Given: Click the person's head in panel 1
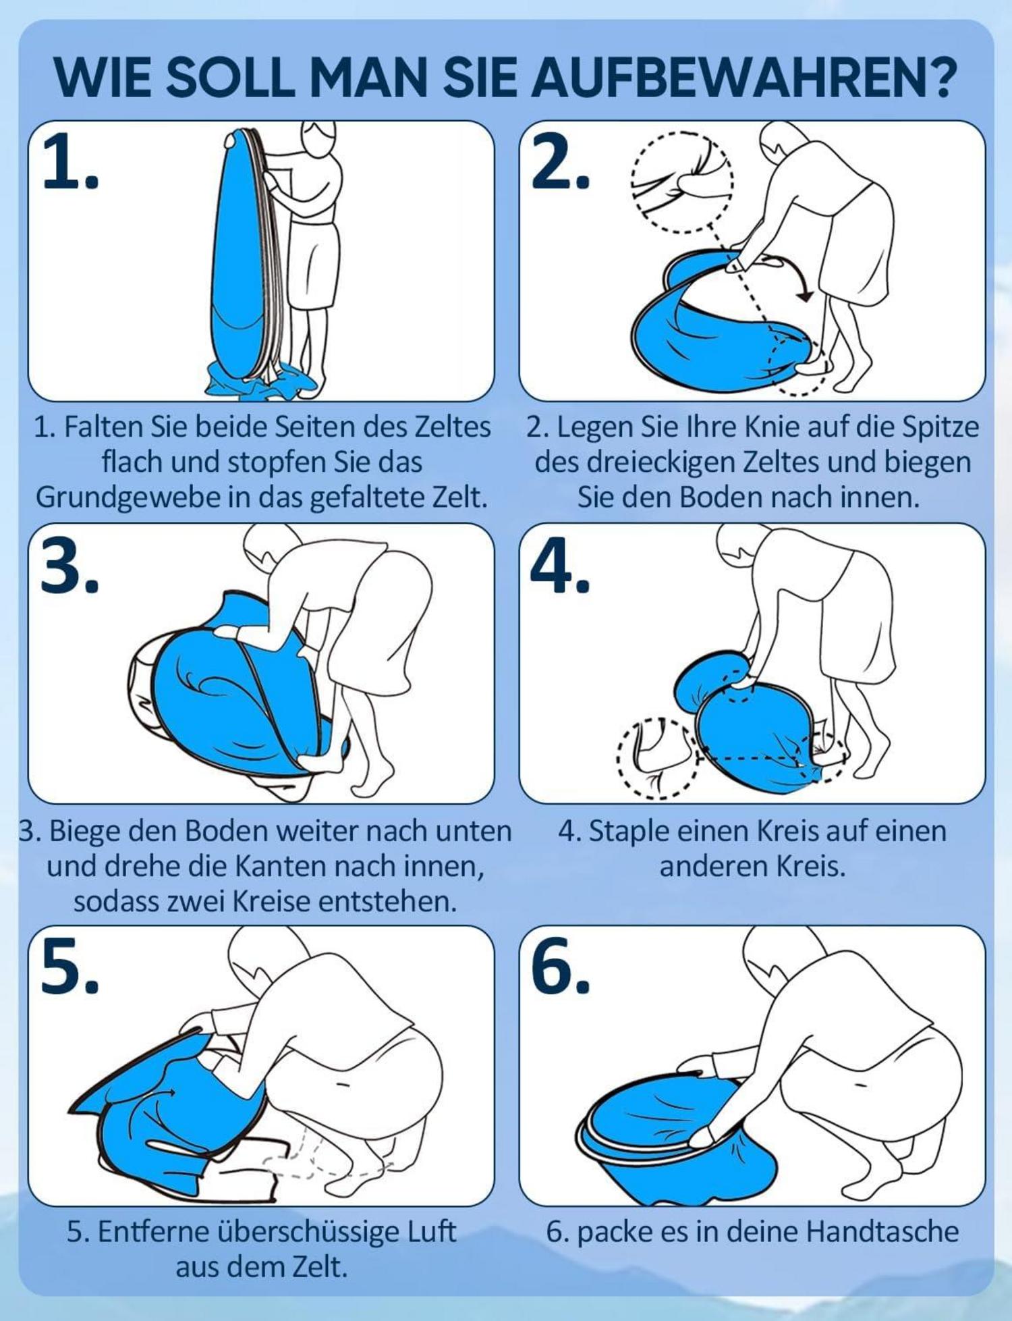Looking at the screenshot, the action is pyautogui.click(x=318, y=138).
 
